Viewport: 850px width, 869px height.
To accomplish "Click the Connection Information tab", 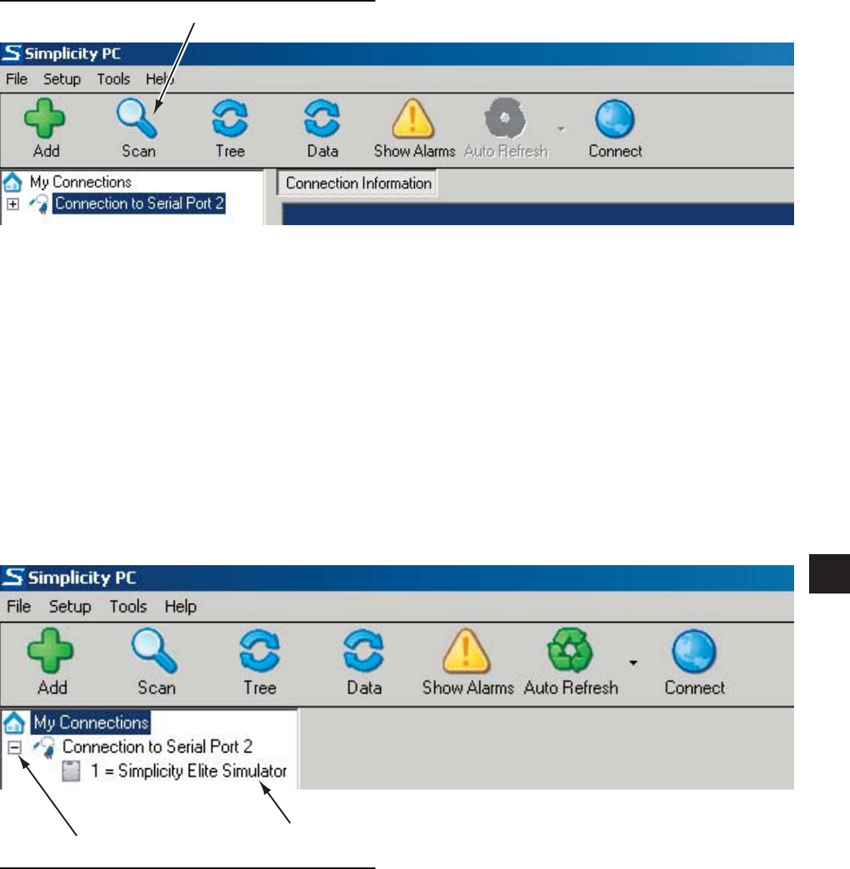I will [358, 183].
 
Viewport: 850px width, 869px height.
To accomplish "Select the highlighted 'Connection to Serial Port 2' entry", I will [139, 204].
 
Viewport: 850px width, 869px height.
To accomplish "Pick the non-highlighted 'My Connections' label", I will [80, 182].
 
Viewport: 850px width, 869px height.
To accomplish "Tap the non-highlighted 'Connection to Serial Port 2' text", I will [157, 745].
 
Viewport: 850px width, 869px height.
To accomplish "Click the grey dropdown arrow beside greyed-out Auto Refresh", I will [560, 127].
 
